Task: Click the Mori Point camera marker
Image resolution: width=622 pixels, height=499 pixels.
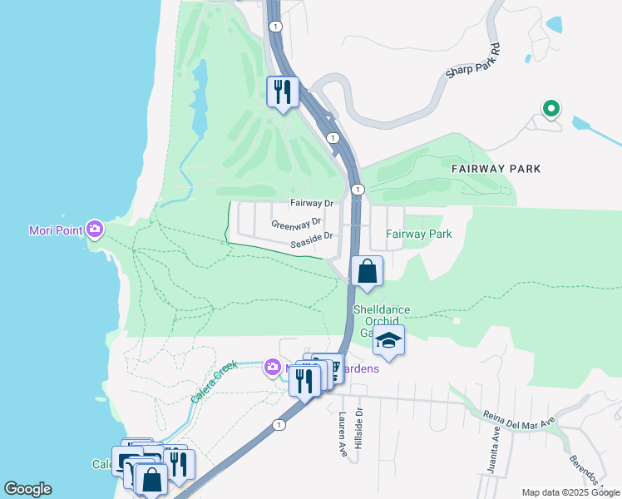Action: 95,228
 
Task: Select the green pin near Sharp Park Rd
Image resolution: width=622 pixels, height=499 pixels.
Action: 550,108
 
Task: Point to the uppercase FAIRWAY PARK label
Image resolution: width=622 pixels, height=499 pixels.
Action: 496,169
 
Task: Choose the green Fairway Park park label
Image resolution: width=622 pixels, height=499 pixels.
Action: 419,234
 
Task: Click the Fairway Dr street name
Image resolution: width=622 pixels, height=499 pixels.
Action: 312,203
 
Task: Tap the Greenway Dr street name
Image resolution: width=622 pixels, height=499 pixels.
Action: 296,224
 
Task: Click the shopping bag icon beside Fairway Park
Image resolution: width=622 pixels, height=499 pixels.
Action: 367,271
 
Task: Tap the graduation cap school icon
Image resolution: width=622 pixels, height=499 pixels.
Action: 388,339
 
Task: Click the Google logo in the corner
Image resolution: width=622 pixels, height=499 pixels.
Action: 27,489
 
